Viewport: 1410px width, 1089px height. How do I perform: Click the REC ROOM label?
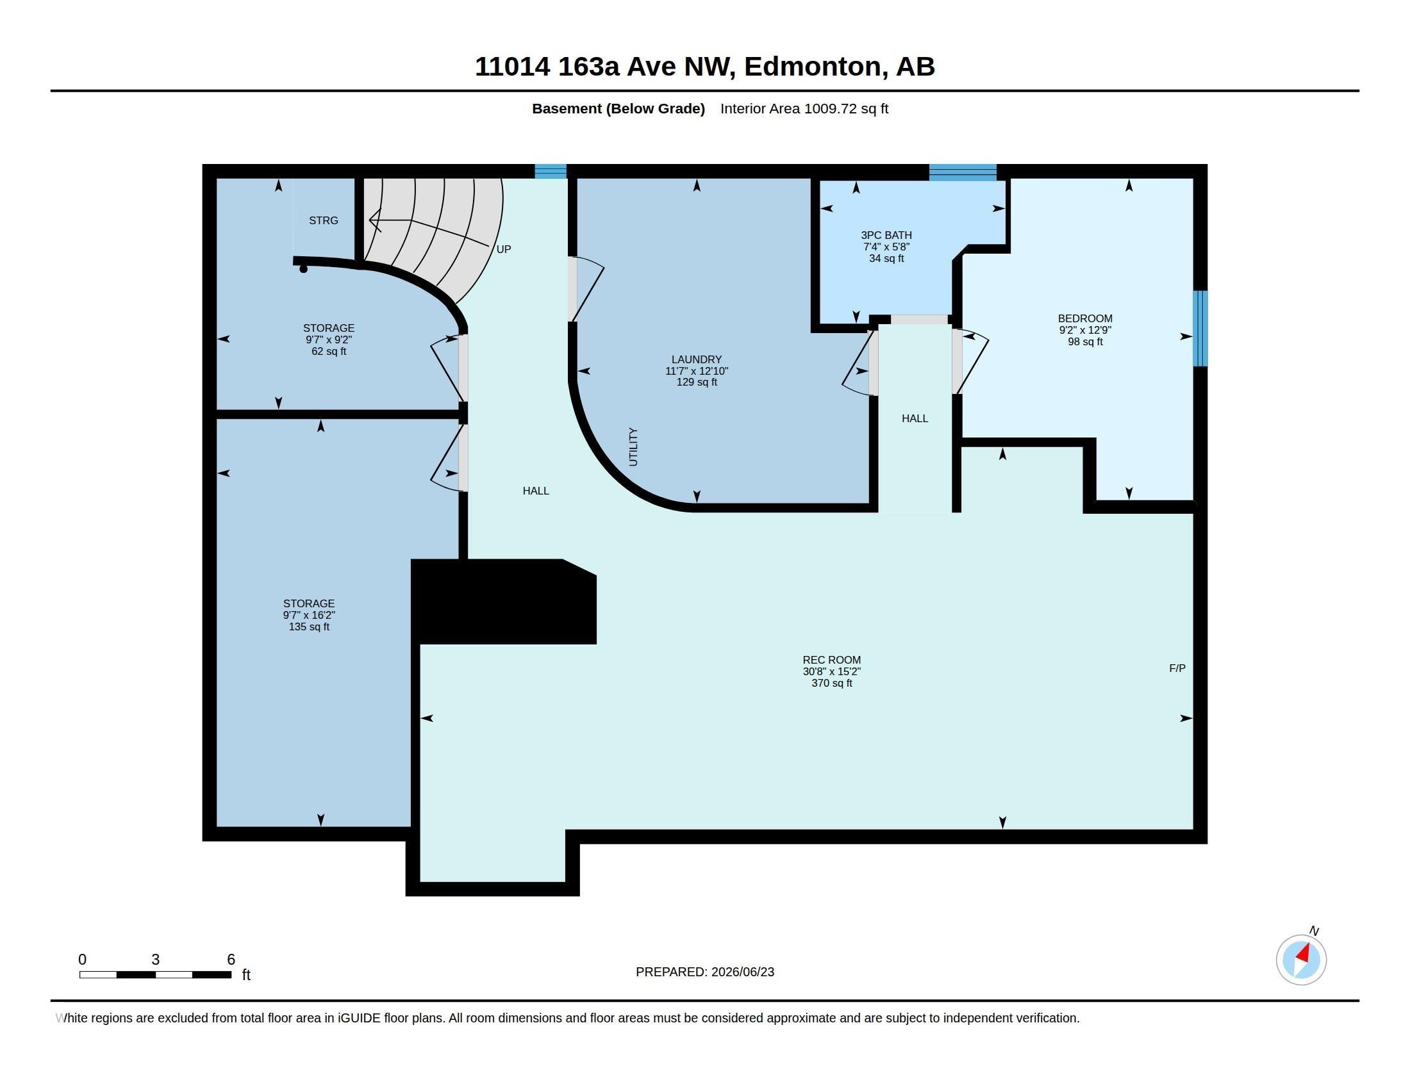[831, 660]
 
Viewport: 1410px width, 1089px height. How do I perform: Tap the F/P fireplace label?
[1177, 668]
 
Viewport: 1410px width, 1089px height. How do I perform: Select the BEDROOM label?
[1084, 319]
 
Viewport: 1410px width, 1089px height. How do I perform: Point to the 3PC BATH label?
[886, 236]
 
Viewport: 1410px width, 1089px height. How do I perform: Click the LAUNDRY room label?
[697, 360]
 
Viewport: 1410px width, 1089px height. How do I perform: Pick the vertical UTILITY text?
[633, 446]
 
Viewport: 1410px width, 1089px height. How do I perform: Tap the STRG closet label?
[324, 220]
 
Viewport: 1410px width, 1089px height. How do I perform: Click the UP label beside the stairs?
[504, 249]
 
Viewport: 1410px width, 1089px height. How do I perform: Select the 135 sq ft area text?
[310, 627]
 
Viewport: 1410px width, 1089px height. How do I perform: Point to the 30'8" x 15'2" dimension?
[831, 671]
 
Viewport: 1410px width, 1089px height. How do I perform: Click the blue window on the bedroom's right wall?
[1200, 329]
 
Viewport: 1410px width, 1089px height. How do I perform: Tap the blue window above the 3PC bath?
[963, 172]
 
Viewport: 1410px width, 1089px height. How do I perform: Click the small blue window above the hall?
[551, 172]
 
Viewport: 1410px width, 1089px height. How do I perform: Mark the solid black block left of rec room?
[504, 602]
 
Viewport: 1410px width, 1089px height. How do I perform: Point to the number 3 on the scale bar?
[156, 960]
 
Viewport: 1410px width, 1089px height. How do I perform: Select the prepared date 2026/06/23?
[742, 972]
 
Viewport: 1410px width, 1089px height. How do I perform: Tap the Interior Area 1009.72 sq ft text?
[804, 109]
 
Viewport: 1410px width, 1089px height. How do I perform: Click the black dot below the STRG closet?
[303, 269]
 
